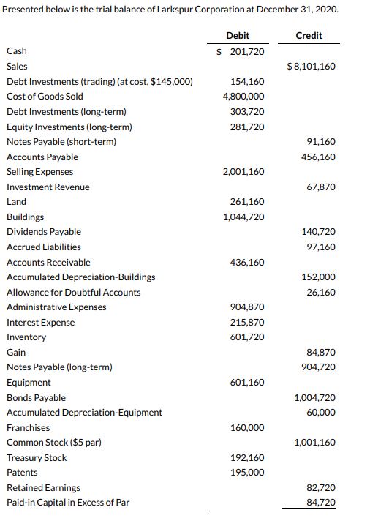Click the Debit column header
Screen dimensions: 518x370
[x=238, y=35]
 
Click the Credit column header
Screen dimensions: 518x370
[x=309, y=35]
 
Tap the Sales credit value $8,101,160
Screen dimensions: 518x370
[x=312, y=67]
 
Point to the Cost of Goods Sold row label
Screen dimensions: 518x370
[x=45, y=97]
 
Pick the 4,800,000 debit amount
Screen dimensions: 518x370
[x=243, y=97]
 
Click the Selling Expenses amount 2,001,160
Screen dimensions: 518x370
[x=243, y=172]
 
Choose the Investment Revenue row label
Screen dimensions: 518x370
[x=48, y=187]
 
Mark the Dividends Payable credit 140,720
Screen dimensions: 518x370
[x=320, y=232]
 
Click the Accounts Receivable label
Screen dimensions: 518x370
[x=48, y=262]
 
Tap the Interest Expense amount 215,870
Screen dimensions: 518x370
[x=247, y=323]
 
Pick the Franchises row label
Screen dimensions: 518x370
[x=28, y=428]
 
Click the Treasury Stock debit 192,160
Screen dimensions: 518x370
[x=247, y=458]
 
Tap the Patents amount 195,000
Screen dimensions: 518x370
[x=247, y=473]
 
